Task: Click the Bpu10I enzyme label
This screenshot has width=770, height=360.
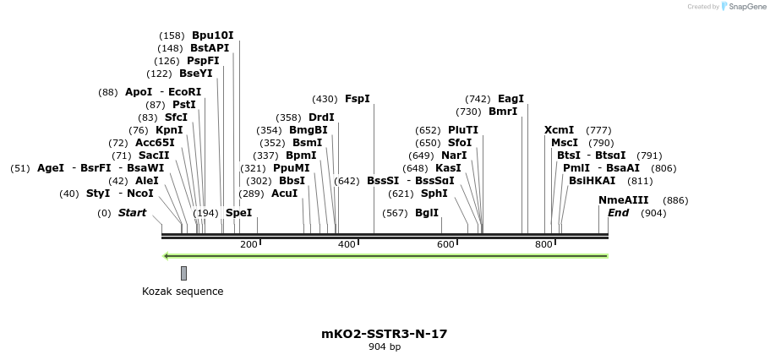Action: [212, 35]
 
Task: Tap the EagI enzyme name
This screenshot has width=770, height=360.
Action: [511, 99]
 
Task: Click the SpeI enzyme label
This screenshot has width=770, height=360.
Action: [238, 213]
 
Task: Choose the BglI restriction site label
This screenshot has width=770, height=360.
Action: [427, 213]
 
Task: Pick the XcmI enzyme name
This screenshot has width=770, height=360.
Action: [559, 130]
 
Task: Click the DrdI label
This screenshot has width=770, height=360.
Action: [321, 117]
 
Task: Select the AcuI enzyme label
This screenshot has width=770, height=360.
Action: [284, 194]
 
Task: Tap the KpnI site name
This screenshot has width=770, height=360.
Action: [169, 130]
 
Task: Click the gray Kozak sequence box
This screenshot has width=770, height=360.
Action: [183, 273]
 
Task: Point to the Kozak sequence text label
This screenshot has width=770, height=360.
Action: [183, 292]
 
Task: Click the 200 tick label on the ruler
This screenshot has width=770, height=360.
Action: [248, 244]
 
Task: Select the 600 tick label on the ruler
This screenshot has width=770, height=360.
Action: [445, 244]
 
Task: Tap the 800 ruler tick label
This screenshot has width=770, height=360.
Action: [544, 244]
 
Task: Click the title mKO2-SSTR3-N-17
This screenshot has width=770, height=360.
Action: [384, 334]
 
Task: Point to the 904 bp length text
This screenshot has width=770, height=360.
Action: [384, 347]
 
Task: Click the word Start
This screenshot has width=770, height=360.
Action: [132, 213]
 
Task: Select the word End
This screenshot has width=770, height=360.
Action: [618, 213]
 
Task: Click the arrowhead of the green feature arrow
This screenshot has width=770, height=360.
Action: [167, 256]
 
